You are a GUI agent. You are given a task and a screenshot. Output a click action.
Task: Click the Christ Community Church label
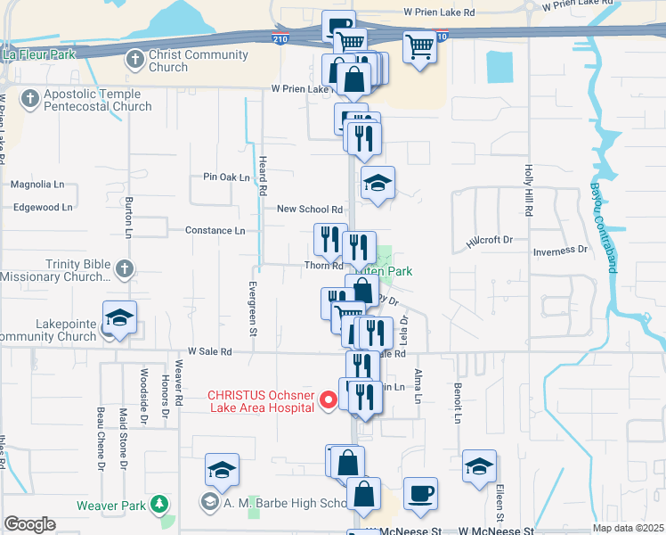tap(199, 61)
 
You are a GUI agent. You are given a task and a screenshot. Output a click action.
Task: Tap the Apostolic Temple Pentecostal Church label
tap(95, 100)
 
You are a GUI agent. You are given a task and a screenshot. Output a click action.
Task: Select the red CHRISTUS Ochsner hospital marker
tap(328, 400)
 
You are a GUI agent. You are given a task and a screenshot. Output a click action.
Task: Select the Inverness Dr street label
tap(560, 251)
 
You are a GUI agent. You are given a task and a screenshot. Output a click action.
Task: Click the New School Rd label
tap(310, 210)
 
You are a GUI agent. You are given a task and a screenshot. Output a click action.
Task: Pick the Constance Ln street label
tap(215, 230)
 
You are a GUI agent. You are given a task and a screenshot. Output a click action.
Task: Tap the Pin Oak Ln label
tap(226, 177)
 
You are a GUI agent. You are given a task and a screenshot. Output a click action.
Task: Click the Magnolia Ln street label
tap(37, 185)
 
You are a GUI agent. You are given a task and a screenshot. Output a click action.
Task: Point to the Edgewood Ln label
tap(43, 207)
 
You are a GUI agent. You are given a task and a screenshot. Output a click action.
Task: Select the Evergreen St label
tap(253, 309)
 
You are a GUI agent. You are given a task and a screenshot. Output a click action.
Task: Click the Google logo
tap(30, 524)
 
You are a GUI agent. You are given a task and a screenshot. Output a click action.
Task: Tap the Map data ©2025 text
tap(627, 528)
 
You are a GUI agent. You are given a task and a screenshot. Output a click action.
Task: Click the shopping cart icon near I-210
tap(419, 46)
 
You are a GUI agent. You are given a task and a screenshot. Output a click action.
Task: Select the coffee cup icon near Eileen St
tap(420, 492)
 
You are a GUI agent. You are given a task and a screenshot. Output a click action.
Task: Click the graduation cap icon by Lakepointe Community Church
tap(118, 318)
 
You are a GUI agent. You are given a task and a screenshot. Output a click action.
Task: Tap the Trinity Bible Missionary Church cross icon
tap(125, 267)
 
